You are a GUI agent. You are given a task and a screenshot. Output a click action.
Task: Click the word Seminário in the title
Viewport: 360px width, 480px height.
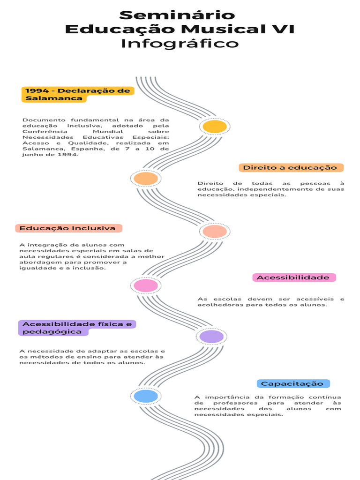pyautogui.click(x=177, y=15)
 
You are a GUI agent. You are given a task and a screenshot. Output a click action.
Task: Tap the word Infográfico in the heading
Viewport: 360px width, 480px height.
pyautogui.click(x=180, y=44)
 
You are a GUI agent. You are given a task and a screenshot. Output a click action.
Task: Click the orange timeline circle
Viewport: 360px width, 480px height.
pyautogui.click(x=146, y=179)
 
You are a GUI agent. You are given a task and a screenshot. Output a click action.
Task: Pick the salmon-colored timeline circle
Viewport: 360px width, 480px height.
pyautogui.click(x=215, y=231)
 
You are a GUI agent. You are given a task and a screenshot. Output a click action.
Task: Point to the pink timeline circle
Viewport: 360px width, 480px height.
pyautogui.click(x=146, y=285)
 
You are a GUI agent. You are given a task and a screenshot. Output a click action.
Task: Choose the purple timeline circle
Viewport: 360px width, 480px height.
pyautogui.click(x=212, y=337)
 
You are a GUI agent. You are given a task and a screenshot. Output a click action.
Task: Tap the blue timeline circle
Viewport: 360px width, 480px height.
pyautogui.click(x=146, y=396)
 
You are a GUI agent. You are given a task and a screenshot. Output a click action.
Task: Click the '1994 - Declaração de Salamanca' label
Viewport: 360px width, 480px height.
pyautogui.click(x=77, y=94)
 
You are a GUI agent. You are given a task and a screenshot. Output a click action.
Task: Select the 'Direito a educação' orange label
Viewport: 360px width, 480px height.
pyautogui.click(x=291, y=168)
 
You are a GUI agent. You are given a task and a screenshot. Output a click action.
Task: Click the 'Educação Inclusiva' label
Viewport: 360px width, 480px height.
pyautogui.click(x=68, y=228)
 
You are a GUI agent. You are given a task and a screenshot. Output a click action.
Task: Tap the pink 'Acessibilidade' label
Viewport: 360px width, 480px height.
pyautogui.click(x=293, y=277)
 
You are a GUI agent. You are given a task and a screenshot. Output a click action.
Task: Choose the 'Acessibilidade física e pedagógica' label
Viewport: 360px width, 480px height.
pyautogui.click(x=77, y=328)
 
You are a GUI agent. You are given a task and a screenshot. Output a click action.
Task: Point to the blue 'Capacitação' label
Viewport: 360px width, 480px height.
pyautogui.click(x=292, y=383)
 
